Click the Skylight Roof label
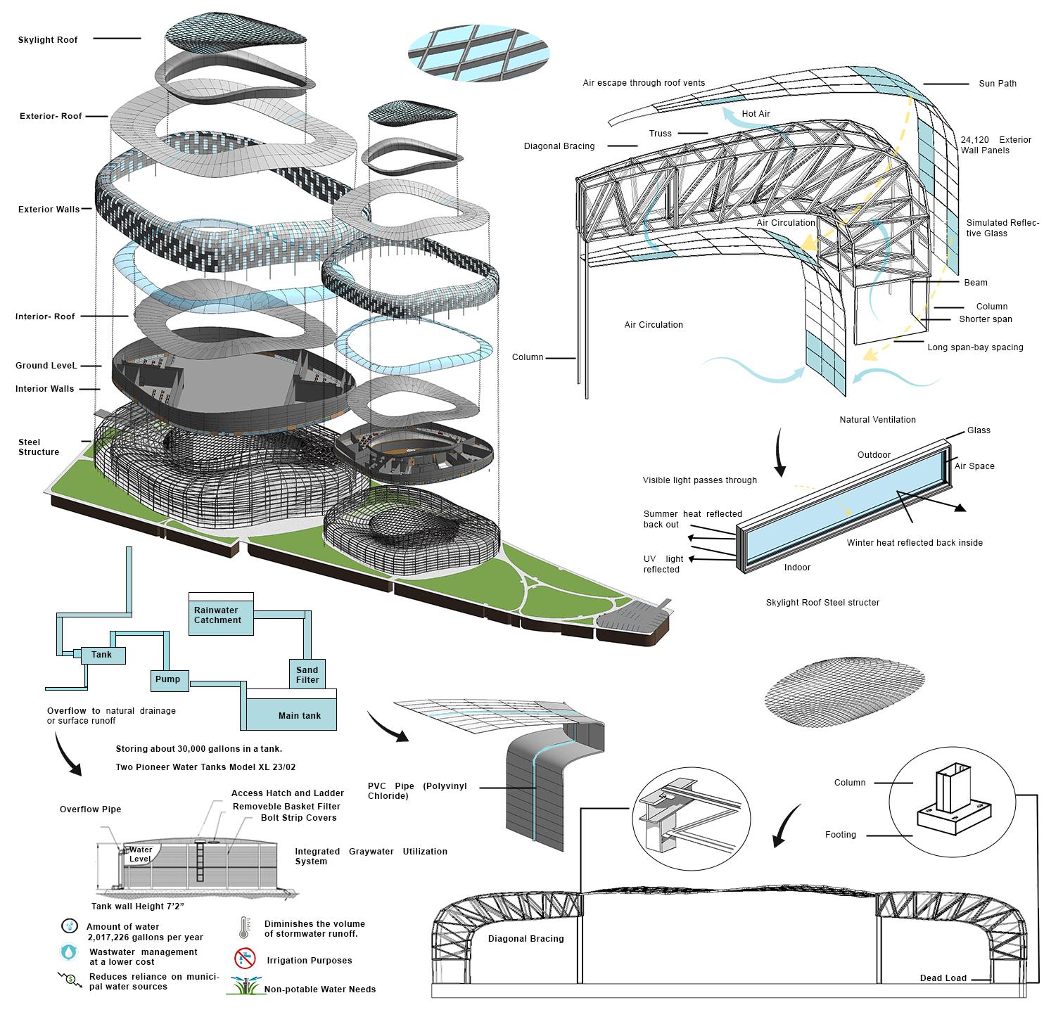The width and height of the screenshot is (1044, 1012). [x=48, y=39]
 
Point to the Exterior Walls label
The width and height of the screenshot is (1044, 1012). [x=49, y=208]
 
